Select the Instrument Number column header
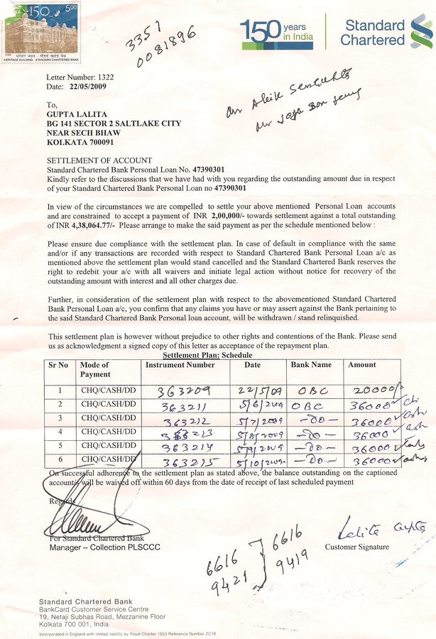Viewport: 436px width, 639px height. click(x=180, y=365)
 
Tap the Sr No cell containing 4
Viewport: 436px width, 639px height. click(x=60, y=432)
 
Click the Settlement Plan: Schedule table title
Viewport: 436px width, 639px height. click(x=207, y=355)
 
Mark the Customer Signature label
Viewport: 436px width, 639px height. click(x=356, y=547)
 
